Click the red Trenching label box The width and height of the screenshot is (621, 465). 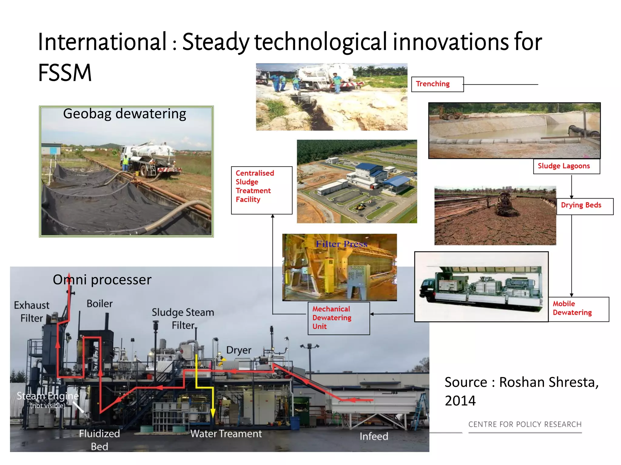437,84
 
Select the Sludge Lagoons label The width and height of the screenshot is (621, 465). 566,166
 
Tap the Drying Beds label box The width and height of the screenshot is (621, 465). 584,206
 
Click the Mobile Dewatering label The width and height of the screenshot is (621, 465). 578,309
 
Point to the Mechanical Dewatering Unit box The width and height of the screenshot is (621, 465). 338,318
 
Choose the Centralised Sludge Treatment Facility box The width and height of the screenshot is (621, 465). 261,190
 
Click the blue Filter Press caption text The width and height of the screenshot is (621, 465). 341,244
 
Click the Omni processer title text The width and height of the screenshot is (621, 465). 102,280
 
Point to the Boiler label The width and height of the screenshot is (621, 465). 99,304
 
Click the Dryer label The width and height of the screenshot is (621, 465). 239,350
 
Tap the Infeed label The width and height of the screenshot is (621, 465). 374,436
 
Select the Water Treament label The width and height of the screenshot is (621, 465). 226,434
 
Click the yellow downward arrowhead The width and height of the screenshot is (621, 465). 213,414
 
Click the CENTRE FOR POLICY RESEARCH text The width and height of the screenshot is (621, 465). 525,424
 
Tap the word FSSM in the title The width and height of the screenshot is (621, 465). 65,73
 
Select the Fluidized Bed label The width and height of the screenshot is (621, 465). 99,440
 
